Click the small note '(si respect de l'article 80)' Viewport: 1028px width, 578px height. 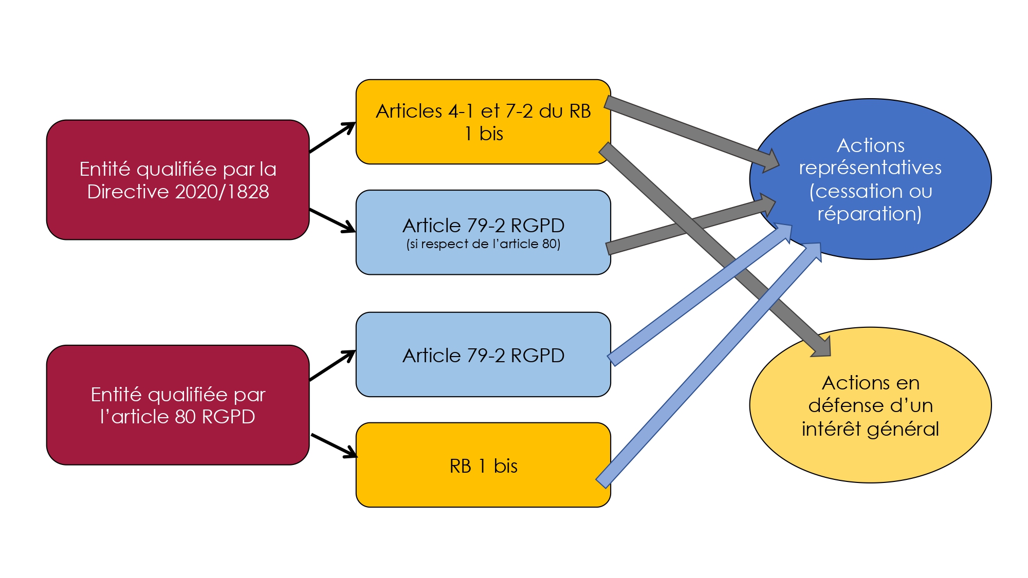coord(483,244)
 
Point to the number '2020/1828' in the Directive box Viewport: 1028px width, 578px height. coord(222,192)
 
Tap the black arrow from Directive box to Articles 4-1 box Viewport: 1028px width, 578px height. coord(332,138)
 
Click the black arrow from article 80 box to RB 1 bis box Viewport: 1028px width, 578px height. coord(334,445)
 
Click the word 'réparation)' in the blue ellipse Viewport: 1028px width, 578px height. coord(870,214)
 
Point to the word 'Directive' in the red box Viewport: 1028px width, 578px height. coord(128,192)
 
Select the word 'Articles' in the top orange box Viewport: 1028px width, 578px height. coord(409,111)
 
